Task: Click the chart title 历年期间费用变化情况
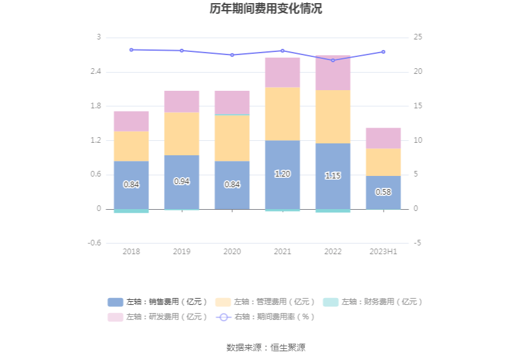[266, 9]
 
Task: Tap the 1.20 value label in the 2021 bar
[282, 174]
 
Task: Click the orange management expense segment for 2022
[333, 116]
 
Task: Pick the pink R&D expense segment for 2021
[282, 72]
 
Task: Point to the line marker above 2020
[232, 55]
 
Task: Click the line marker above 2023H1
[383, 52]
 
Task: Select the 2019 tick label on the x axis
[182, 251]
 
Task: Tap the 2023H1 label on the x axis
[383, 251]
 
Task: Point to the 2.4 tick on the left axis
[95, 72]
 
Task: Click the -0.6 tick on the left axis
[94, 243]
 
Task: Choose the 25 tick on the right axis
[418, 38]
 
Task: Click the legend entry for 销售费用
[158, 302]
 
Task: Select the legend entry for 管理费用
[266, 302]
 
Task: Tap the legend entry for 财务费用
[373, 302]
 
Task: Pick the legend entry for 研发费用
[158, 317]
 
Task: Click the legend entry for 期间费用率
[266, 317]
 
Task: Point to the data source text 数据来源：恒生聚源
[266, 347]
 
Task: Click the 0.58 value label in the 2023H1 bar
[383, 192]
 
